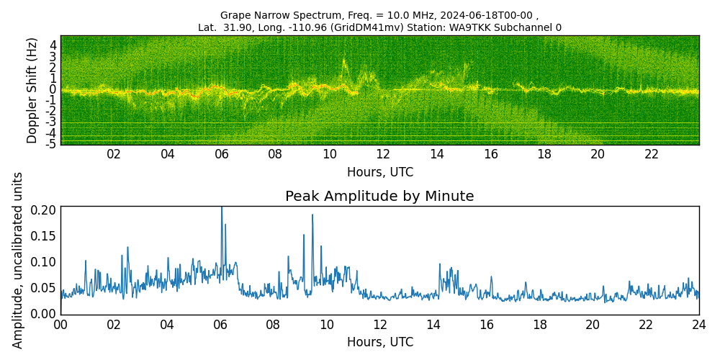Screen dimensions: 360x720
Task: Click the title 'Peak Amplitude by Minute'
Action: point(379,197)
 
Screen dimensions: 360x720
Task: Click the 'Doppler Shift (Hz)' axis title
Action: point(32,90)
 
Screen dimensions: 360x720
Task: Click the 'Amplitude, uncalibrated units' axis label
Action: point(18,260)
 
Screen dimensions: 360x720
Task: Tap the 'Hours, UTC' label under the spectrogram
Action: point(379,173)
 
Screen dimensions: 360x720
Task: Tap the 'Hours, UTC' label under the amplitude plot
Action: point(379,342)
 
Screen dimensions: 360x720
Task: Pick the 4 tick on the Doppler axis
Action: point(53,45)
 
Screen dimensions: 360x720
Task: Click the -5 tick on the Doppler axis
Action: point(50,144)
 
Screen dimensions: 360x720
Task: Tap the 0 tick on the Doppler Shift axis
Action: point(53,89)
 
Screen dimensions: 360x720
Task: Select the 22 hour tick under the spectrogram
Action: point(652,154)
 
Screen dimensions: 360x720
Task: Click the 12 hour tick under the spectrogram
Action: point(383,154)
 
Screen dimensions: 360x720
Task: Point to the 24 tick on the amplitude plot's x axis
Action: point(699,325)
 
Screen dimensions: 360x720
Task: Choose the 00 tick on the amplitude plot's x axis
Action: point(60,325)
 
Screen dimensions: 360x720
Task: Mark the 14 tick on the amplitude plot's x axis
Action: point(433,325)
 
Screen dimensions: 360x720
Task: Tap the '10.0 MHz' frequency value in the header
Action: point(383,15)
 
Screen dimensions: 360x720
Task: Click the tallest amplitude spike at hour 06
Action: point(222,209)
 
